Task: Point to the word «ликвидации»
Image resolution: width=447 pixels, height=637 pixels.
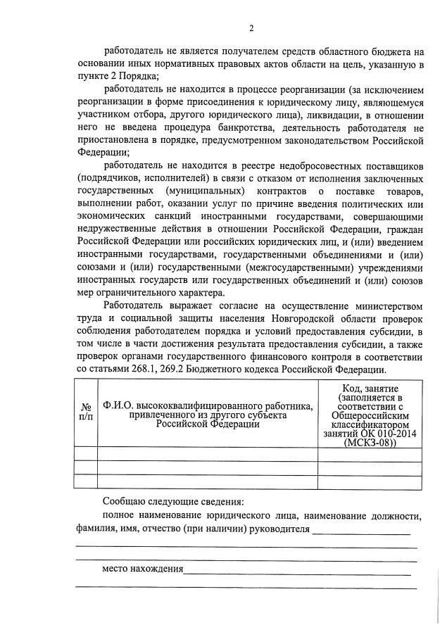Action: point(333,115)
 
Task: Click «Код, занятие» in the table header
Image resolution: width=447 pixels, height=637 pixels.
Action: point(370,389)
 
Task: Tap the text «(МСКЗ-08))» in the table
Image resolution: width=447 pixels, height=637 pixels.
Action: point(370,443)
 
